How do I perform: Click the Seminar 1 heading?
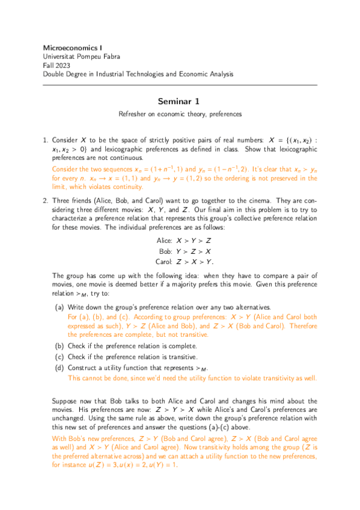click(x=180, y=102)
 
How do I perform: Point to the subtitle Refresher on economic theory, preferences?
click(x=180, y=114)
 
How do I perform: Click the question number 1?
click(x=46, y=138)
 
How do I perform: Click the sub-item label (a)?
click(x=59, y=307)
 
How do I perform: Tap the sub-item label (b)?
click(x=59, y=346)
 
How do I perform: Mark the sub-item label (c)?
click(x=59, y=357)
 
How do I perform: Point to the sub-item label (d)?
click(x=59, y=367)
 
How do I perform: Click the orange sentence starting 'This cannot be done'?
click(x=192, y=378)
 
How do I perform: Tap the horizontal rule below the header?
click(x=180, y=85)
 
